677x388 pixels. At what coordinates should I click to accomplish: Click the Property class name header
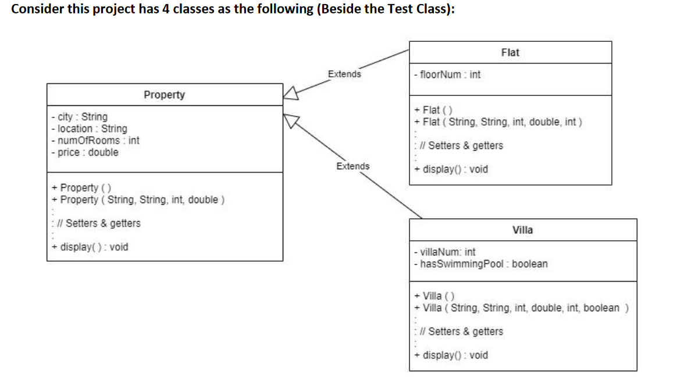tap(164, 94)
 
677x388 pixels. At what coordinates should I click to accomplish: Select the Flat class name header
tap(510, 52)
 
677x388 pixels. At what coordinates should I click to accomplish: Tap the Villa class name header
tap(522, 230)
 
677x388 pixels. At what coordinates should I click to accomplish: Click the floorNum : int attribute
tap(447, 74)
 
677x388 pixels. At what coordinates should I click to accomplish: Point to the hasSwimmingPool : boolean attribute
tap(480, 264)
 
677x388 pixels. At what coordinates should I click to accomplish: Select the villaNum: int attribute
tap(444, 252)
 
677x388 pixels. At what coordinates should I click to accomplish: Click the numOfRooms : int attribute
tap(95, 140)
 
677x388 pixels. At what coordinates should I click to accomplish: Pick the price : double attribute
tap(85, 152)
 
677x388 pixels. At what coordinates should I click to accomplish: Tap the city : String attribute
tap(80, 116)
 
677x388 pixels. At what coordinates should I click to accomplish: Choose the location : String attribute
tap(89, 129)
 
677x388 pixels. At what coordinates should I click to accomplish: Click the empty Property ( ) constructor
tap(81, 188)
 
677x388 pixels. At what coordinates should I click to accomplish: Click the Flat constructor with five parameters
tap(498, 122)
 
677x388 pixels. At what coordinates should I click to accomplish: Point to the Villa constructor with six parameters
tap(521, 308)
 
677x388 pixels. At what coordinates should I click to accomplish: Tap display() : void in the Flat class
tap(451, 169)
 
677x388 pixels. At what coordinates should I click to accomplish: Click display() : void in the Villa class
tap(451, 355)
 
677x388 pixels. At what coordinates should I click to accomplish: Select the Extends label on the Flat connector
tap(344, 74)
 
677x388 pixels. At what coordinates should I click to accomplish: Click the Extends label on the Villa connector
tap(352, 166)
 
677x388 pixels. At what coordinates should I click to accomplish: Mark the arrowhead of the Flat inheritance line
tap(291, 93)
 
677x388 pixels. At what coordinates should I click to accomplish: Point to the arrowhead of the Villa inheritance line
tap(291, 120)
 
